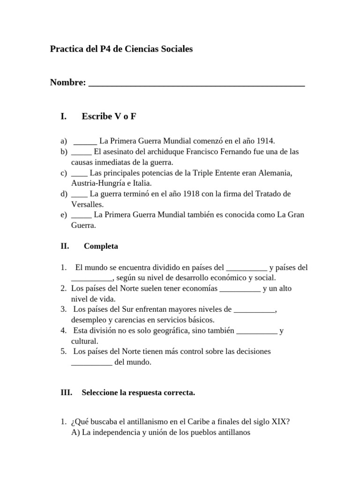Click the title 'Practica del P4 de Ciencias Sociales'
pyautogui.click(x=121, y=49)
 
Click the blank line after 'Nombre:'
pyautogui.click(x=196, y=83)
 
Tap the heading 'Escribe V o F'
pyautogui.click(x=109, y=116)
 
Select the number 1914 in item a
pyautogui.click(x=265, y=141)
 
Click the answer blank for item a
pyautogui.click(x=85, y=142)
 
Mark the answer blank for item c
pyautogui.click(x=79, y=173)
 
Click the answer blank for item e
pyautogui.click(x=82, y=215)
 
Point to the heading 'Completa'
pyautogui.click(x=101, y=246)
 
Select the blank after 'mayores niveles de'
pyautogui.click(x=254, y=310)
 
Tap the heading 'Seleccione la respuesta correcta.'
pyautogui.click(x=138, y=393)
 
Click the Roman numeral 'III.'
pyautogui.click(x=66, y=393)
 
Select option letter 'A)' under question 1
pyautogui.click(x=76, y=433)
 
